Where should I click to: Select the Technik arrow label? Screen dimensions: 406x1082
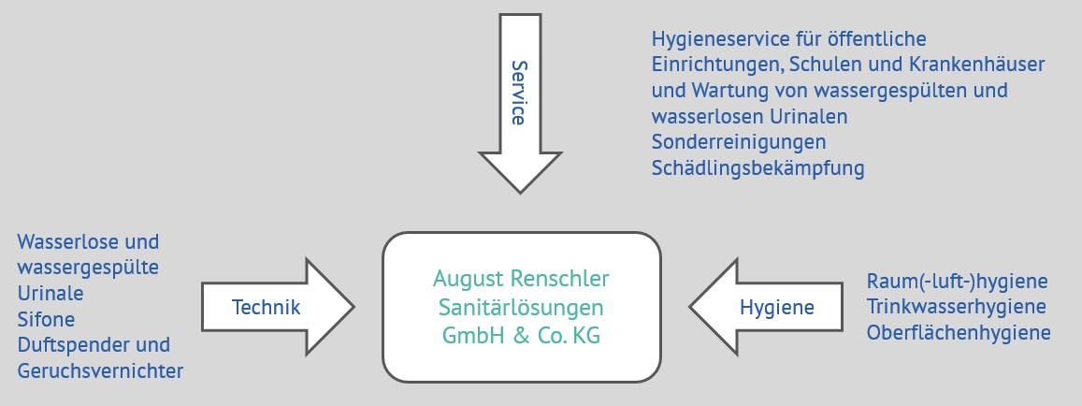(266, 307)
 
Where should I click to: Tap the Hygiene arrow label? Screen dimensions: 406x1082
(777, 307)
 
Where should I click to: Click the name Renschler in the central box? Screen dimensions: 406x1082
(560, 279)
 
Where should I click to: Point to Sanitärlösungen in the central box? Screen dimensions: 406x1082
(521, 308)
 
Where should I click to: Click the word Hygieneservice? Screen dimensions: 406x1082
(716, 39)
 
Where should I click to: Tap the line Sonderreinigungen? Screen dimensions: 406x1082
(739, 143)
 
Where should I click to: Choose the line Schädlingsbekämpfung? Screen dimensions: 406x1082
(757, 168)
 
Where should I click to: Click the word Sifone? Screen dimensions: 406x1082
(47, 319)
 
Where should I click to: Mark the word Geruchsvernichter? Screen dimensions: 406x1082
(100, 370)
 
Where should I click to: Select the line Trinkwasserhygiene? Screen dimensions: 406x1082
(956, 307)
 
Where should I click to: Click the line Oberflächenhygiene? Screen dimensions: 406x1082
(959, 332)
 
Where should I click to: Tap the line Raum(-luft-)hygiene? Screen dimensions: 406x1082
(957, 282)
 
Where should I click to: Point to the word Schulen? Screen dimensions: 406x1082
(820, 65)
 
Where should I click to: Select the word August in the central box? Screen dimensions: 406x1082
(469, 279)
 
